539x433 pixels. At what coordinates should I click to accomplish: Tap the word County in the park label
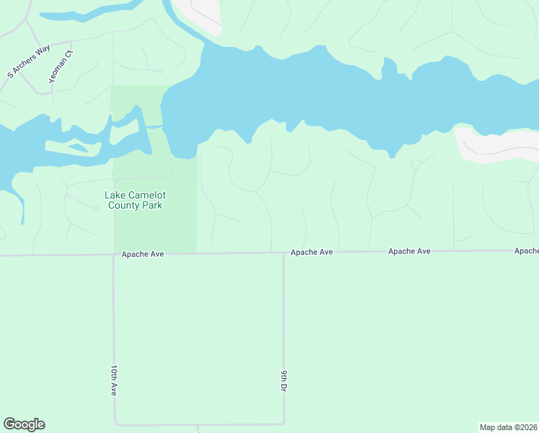click(x=124, y=205)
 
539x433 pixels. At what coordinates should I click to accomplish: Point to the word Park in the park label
click(x=152, y=205)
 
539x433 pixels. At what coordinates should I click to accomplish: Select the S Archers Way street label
click(x=29, y=61)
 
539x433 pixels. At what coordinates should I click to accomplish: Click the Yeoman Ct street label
click(x=61, y=66)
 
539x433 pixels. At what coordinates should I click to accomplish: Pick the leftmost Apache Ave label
click(x=143, y=254)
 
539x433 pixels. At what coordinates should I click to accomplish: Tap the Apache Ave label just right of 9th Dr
click(x=311, y=252)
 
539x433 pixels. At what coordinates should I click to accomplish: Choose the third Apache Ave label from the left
click(x=409, y=251)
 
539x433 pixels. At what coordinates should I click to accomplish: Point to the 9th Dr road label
click(x=284, y=380)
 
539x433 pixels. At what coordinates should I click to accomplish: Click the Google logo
click(x=24, y=424)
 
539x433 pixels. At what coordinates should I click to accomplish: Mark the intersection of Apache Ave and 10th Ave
click(x=113, y=254)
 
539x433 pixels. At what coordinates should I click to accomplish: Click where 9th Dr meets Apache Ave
click(x=283, y=253)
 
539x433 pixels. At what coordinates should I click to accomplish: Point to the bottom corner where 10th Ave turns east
click(x=115, y=424)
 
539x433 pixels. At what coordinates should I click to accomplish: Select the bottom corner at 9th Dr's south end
click(x=284, y=423)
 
